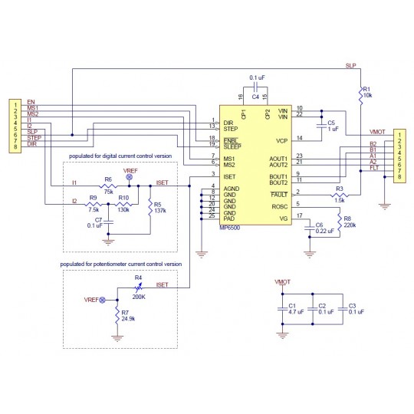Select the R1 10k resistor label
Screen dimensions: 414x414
(x=366, y=92)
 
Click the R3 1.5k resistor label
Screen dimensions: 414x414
(x=339, y=192)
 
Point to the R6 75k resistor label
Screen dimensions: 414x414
(x=108, y=185)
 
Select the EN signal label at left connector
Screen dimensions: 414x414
(x=31, y=101)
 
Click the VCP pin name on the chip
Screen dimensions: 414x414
(x=281, y=140)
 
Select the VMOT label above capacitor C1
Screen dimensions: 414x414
(x=283, y=282)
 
